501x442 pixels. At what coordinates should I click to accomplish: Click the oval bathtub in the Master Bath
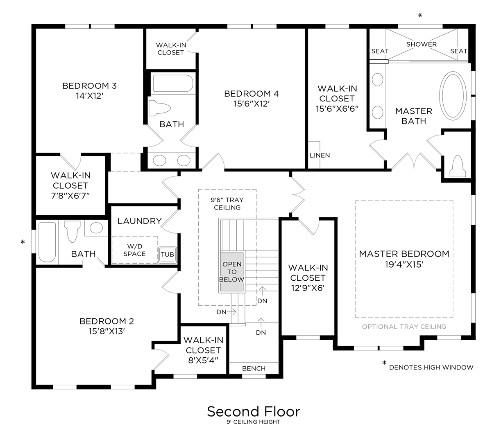click(x=453, y=96)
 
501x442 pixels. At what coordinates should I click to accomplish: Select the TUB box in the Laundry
click(x=167, y=254)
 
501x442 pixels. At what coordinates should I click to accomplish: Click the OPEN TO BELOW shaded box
click(x=232, y=272)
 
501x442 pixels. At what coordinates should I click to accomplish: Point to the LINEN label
click(x=320, y=156)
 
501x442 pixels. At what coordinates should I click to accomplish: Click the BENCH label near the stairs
click(x=254, y=368)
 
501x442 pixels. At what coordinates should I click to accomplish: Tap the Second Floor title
click(x=253, y=411)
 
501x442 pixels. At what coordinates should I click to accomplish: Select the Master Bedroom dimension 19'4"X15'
click(x=404, y=264)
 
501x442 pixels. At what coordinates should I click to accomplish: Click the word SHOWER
click(x=421, y=44)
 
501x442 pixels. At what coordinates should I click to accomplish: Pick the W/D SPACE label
click(x=134, y=250)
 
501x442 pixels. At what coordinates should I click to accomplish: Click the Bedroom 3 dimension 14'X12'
click(x=89, y=96)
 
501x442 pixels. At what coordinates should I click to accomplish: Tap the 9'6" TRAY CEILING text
click(x=227, y=204)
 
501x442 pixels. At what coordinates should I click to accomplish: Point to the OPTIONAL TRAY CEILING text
click(x=404, y=327)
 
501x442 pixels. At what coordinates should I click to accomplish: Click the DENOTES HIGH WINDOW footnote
click(x=431, y=368)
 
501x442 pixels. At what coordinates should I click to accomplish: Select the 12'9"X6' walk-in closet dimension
click(x=308, y=288)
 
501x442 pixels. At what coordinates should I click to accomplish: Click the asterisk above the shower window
click(x=420, y=16)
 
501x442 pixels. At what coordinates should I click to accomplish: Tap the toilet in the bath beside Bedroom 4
click(x=159, y=108)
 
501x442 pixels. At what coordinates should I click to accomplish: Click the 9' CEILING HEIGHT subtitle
click(x=253, y=422)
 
